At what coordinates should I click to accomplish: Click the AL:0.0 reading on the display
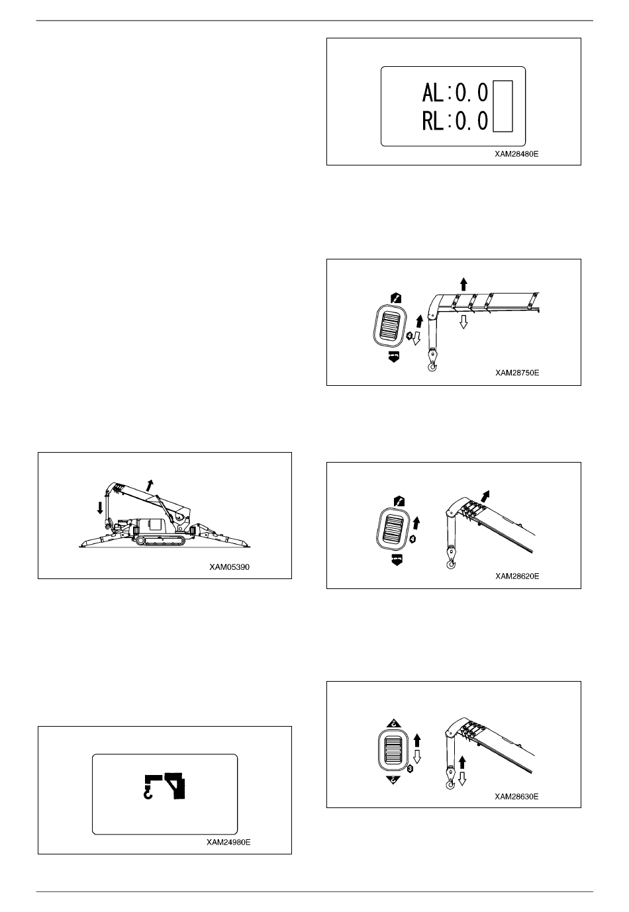tap(455, 93)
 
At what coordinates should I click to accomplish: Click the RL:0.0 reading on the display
tap(455, 121)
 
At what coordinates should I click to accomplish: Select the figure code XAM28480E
tap(516, 154)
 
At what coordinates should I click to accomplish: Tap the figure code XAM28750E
tap(517, 373)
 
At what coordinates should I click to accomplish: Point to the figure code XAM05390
tap(229, 567)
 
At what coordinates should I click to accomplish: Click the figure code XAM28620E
tap(517, 576)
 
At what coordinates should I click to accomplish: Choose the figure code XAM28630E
tap(516, 796)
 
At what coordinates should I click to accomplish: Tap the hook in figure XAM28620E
tap(451, 565)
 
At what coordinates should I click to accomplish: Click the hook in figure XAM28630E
tap(451, 784)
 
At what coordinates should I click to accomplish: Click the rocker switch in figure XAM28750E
tap(390, 325)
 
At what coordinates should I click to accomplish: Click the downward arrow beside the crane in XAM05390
tap(100, 508)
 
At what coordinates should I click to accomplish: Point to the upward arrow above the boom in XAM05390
tap(150, 485)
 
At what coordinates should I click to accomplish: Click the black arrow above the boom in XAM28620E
tap(485, 496)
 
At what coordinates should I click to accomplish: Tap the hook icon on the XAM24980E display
tap(149, 788)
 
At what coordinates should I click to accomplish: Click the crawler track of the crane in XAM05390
tap(159, 540)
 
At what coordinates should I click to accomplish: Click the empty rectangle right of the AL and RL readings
tap(503, 107)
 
